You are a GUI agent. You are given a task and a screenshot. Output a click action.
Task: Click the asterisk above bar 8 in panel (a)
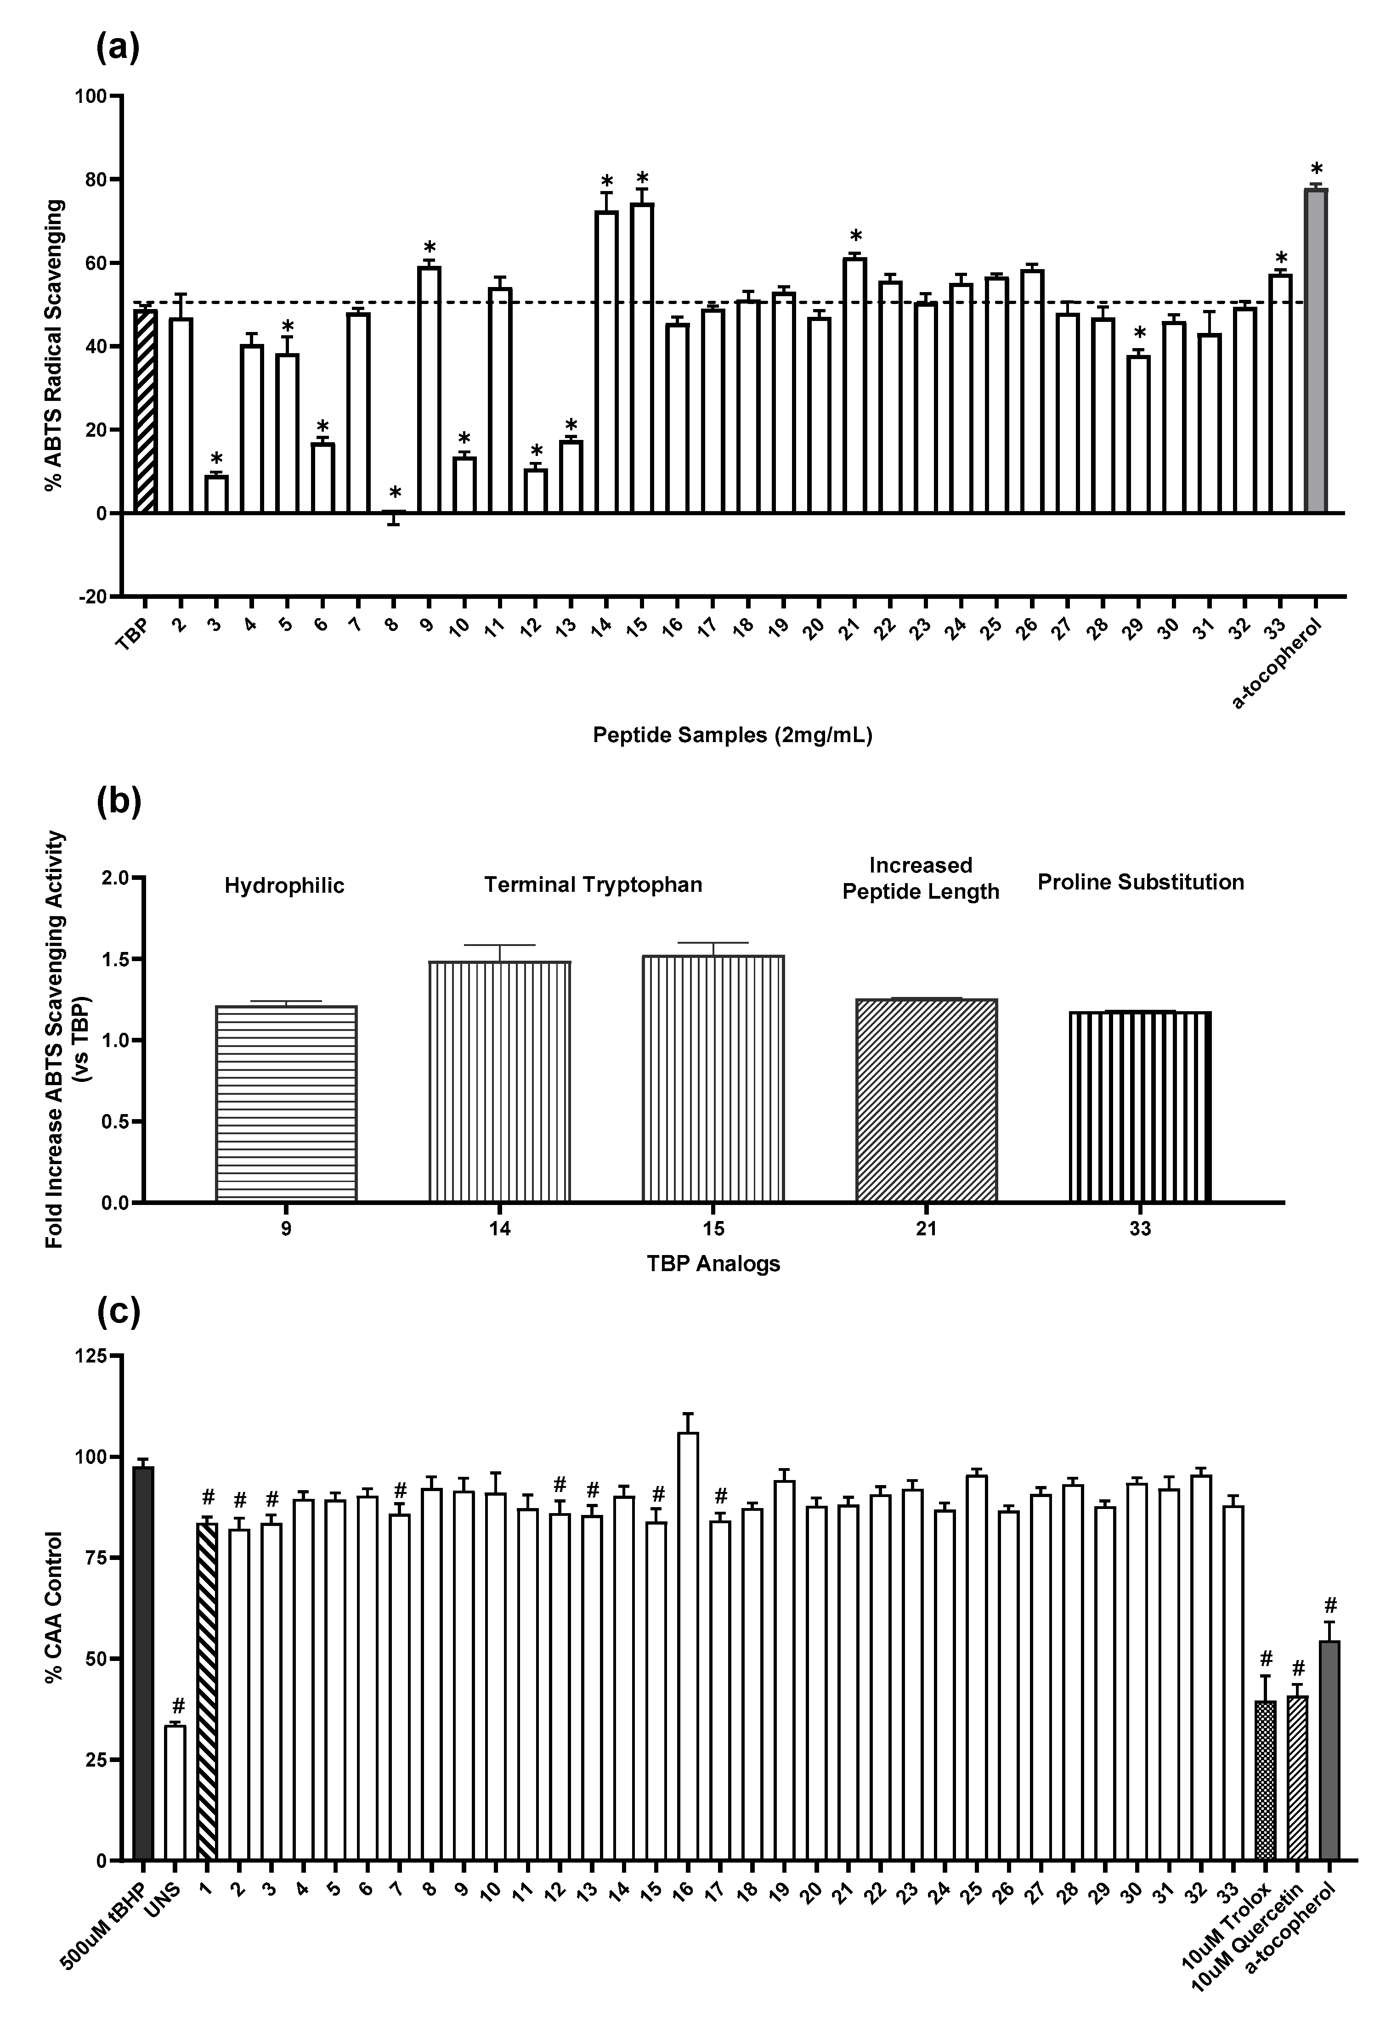click(395, 493)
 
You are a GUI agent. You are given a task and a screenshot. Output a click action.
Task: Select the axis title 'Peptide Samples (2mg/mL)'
click(733, 735)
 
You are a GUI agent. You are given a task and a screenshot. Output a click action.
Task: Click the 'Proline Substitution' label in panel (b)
click(1141, 882)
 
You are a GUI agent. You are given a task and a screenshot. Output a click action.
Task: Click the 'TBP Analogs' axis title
click(713, 1263)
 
